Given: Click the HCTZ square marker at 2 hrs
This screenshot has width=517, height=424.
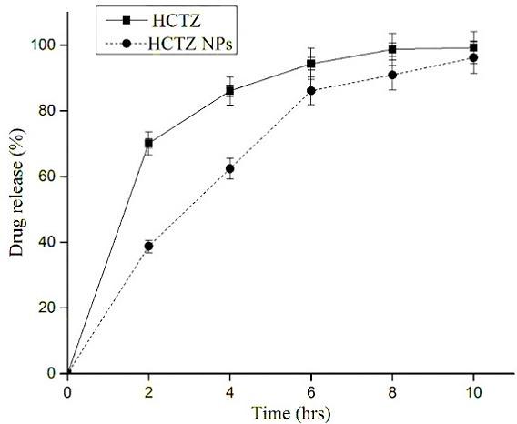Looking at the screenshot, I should [x=148, y=143].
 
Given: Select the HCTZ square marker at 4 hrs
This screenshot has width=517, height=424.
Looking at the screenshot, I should [x=230, y=90].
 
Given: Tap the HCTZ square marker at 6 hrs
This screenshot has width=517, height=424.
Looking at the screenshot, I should [x=311, y=64].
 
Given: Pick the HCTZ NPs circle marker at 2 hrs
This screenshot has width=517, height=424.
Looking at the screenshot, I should [x=148, y=246].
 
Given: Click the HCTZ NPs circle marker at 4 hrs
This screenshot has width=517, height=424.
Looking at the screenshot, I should [x=230, y=168].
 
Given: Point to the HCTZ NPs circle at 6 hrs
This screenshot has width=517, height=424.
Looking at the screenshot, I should [x=311, y=91].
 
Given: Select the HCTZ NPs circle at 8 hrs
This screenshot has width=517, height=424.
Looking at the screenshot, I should [x=392, y=75].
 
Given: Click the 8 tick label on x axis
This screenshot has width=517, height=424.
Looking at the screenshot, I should [x=392, y=391].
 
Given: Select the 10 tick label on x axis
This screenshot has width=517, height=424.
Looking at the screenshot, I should [x=473, y=391].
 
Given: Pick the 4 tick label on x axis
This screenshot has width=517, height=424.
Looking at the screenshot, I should [x=230, y=391].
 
